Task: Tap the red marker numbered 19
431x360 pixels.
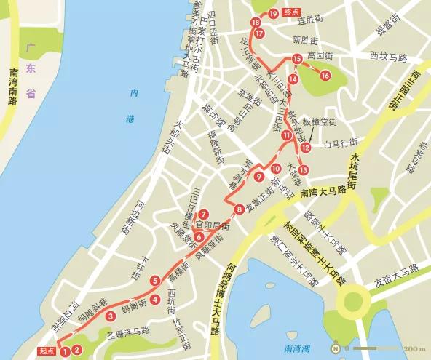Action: pyautogui.click(x=272, y=14)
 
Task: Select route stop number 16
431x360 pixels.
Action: pyautogui.click(x=325, y=75)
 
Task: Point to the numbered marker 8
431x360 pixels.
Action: pyautogui.click(x=240, y=210)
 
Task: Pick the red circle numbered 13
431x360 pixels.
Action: pyautogui.click(x=303, y=169)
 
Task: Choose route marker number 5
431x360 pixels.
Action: pyautogui.click(x=154, y=281)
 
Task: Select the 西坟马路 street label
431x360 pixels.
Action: pyautogui.click(x=387, y=55)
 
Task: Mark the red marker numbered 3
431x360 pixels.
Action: pyautogui.click(x=110, y=316)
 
